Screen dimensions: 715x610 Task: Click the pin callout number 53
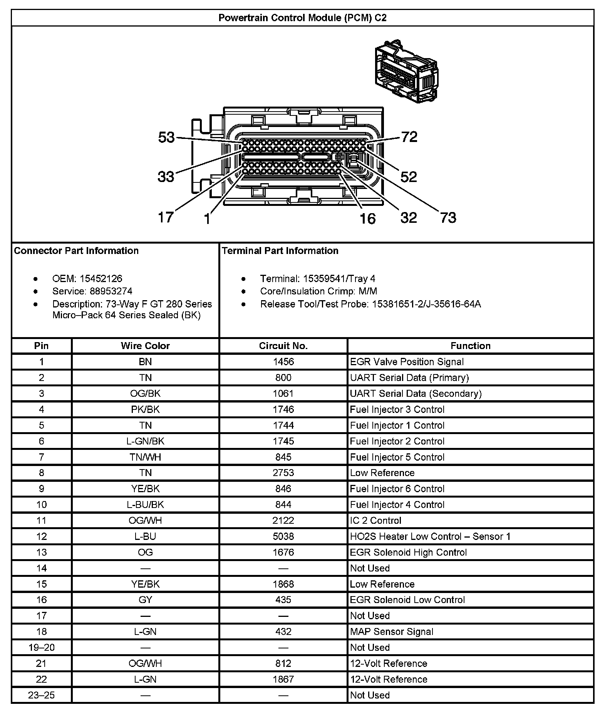[166, 137]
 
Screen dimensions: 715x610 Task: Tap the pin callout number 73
[448, 218]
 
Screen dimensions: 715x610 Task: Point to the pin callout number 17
[166, 217]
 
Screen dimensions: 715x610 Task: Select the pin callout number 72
[409, 137]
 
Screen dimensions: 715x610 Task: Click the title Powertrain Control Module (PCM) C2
[302, 18]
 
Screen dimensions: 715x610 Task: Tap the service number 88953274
[111, 291]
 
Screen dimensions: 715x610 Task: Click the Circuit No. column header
[283, 346]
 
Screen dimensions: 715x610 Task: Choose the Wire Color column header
[145, 346]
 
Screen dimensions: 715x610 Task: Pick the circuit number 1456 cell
[283, 362]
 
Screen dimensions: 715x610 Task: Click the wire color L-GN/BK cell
[145, 441]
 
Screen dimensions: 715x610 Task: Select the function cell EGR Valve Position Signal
[407, 362]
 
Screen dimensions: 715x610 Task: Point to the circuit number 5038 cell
[283, 536]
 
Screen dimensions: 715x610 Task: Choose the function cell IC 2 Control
[375, 521]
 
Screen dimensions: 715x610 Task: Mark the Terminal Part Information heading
[280, 251]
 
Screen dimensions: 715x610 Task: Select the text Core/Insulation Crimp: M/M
[318, 291]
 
